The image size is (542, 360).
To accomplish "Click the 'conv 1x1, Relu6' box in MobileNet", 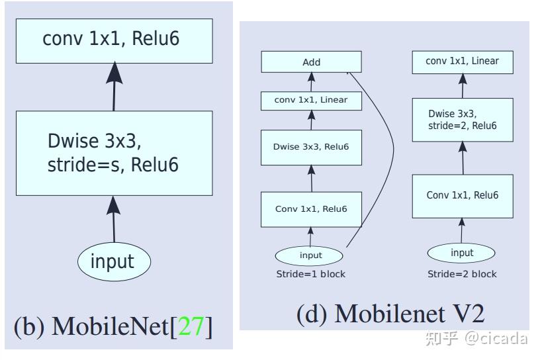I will (x=114, y=40).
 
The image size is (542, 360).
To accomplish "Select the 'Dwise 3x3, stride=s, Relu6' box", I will (x=114, y=153).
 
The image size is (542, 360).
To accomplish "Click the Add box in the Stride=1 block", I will (x=311, y=62).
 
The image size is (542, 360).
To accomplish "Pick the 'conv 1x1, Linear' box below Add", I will (x=311, y=101).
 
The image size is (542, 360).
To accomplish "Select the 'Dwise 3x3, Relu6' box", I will (x=311, y=147).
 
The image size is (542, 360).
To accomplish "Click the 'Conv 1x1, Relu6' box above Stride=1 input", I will (x=311, y=209).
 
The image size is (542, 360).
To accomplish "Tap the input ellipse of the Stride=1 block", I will (x=310, y=255).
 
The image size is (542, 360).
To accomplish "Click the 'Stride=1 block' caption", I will (x=310, y=274).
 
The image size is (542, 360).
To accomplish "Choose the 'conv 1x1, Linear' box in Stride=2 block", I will (x=462, y=62).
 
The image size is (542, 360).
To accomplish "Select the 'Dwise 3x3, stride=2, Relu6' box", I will (x=462, y=120).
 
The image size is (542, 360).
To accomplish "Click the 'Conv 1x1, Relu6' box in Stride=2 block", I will (x=462, y=196).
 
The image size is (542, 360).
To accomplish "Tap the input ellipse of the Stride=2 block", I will (x=462, y=253).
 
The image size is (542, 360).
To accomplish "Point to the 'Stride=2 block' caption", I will (x=462, y=274).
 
